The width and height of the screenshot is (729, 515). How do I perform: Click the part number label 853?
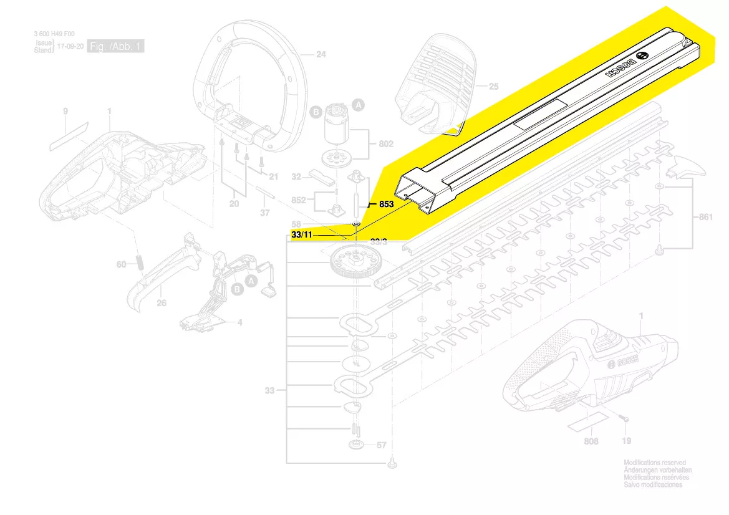[x=387, y=204]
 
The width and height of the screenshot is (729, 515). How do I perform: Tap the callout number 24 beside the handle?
[x=321, y=55]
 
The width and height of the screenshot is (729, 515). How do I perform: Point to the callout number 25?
[x=493, y=87]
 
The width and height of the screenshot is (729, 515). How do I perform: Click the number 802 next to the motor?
[x=386, y=144]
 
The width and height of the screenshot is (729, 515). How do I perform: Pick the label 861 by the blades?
[x=705, y=217]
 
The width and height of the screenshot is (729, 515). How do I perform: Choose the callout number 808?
[x=591, y=441]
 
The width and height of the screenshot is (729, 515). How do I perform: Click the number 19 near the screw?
[x=626, y=441]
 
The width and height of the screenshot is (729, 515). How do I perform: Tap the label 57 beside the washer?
[x=382, y=445]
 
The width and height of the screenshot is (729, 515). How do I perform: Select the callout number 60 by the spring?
[x=122, y=264]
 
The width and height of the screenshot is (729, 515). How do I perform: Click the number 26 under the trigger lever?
[x=162, y=303]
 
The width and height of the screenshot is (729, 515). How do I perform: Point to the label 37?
[x=265, y=213]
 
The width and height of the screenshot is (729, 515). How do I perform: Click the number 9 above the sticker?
[x=65, y=112]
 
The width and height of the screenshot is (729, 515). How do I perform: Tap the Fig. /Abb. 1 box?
[x=116, y=47]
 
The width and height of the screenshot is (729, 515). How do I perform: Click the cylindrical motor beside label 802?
[x=337, y=132]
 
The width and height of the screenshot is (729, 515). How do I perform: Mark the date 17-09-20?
[x=69, y=47]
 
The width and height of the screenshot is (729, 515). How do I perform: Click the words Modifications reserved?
[x=654, y=463]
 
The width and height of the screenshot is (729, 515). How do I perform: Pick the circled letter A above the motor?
[x=359, y=105]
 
